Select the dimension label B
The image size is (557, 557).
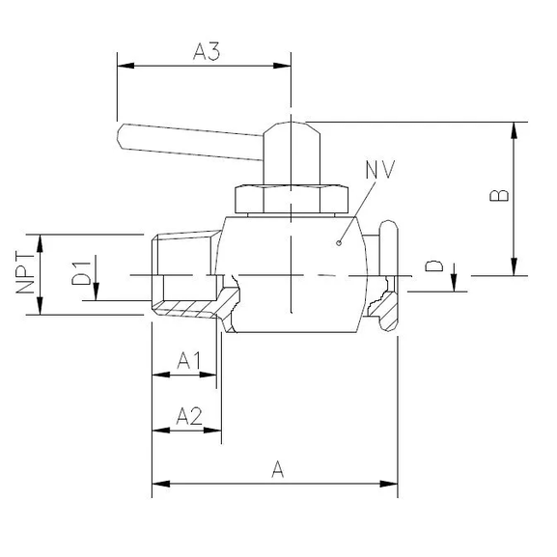click(x=499, y=196)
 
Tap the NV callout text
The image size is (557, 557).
click(x=381, y=170)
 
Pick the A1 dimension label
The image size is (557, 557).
click(x=189, y=360)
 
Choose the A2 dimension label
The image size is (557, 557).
click(x=189, y=416)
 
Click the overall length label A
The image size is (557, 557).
click(x=278, y=470)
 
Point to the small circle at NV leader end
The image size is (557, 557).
click(x=337, y=243)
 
